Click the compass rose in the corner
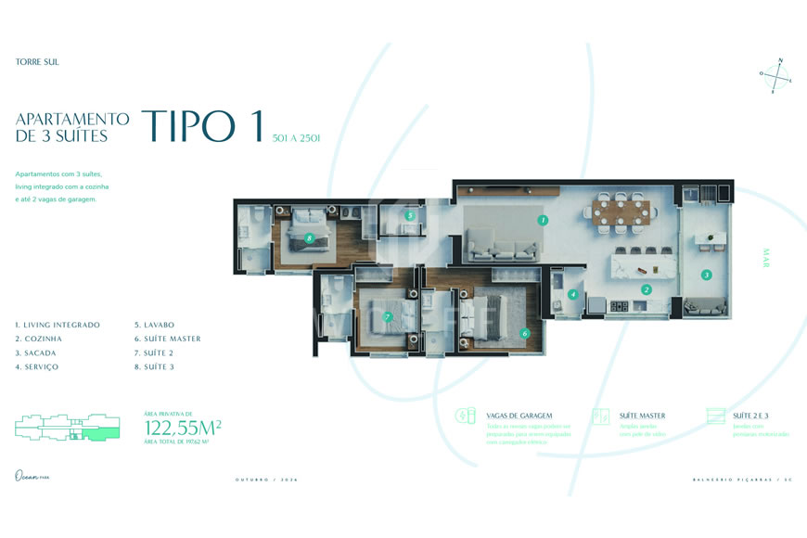[x=776, y=76]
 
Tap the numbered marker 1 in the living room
[x=543, y=220]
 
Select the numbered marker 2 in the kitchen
[x=647, y=289]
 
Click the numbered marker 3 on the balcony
[x=706, y=275]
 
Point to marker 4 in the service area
[x=573, y=294]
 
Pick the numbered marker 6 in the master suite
[x=524, y=333]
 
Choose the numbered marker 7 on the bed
[x=388, y=316]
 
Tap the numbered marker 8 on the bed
[x=309, y=237]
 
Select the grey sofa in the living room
[x=501, y=248]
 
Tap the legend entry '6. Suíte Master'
[x=167, y=339]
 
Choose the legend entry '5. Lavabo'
[x=154, y=325]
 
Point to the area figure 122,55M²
[x=183, y=428]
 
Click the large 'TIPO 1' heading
[x=202, y=127]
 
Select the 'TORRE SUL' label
[x=37, y=62]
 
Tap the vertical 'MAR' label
[x=766, y=257]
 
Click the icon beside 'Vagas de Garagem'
[x=466, y=416]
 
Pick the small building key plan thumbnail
[x=67, y=427]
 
